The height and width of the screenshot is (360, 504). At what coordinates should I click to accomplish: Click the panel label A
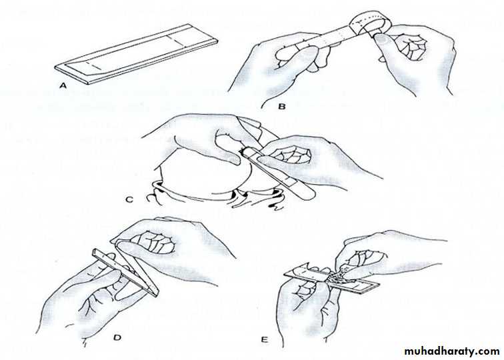pyautogui.click(x=63, y=85)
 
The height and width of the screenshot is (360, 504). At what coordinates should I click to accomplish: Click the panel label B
pyautogui.click(x=281, y=106)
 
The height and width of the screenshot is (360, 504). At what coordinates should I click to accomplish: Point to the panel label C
pyautogui.click(x=129, y=199)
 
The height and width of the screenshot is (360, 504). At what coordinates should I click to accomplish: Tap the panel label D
pyautogui.click(x=117, y=337)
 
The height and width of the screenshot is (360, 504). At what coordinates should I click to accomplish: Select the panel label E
pyautogui.click(x=264, y=339)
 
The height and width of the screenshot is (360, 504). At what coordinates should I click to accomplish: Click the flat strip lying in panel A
pyautogui.click(x=136, y=54)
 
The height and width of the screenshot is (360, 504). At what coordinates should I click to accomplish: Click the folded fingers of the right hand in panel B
pyautogui.click(x=411, y=47)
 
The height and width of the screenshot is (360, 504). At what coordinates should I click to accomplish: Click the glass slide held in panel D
pyautogui.click(x=125, y=272)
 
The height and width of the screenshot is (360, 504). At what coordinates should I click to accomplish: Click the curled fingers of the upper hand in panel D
pyautogui.click(x=154, y=243)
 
